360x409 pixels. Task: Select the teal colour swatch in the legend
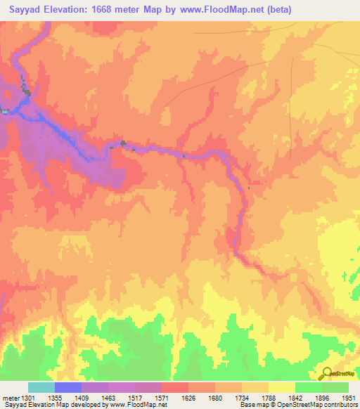[41, 388]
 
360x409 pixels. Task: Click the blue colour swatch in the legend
[68, 388]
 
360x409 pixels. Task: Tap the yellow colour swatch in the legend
[281, 388]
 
